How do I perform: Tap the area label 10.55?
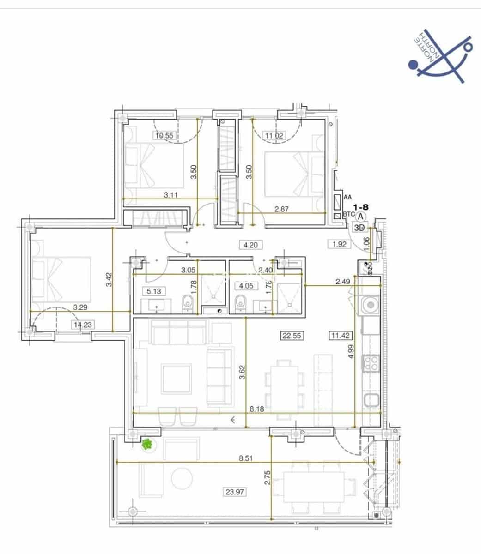pyautogui.click(x=164, y=135)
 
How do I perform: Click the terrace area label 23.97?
pyautogui.click(x=234, y=492)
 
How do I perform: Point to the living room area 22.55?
pyautogui.click(x=292, y=336)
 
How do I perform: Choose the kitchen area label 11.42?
pyautogui.click(x=340, y=336)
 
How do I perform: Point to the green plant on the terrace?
pyautogui.click(x=147, y=445)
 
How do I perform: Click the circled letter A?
pyautogui.click(x=361, y=216)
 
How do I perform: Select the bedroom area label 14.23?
pyautogui.click(x=83, y=325)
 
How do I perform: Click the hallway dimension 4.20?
pyautogui.click(x=250, y=245)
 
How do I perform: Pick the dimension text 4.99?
pyautogui.click(x=351, y=352)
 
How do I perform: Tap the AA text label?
pyautogui.click(x=347, y=197)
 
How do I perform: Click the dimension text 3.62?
pyautogui.click(x=241, y=372)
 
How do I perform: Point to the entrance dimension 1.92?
pyautogui.click(x=340, y=244)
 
